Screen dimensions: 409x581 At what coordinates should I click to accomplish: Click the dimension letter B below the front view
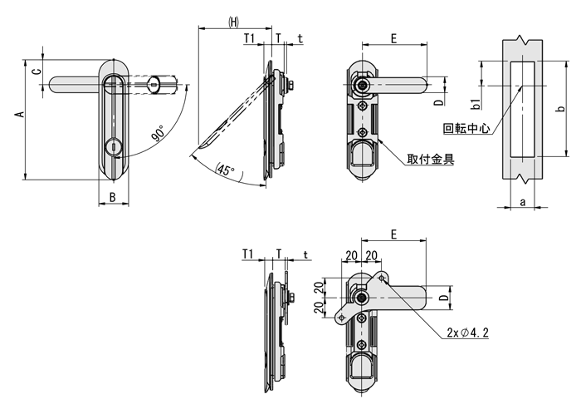click(112, 198)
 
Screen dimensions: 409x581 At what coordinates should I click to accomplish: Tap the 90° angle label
click(158, 133)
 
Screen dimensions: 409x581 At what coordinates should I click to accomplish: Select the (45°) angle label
click(225, 170)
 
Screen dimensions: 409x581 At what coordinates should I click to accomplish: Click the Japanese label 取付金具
click(430, 160)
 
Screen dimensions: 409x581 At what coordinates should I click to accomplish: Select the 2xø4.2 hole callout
click(468, 333)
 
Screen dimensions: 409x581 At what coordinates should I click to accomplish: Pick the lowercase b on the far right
click(561, 110)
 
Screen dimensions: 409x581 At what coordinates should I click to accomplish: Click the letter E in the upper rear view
click(393, 38)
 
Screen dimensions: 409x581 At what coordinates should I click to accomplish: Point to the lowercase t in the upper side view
click(300, 38)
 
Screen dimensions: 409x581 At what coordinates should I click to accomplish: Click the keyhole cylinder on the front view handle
click(114, 148)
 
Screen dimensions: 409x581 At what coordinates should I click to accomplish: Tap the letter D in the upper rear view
click(437, 103)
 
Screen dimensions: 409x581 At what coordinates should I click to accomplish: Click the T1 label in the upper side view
click(249, 38)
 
